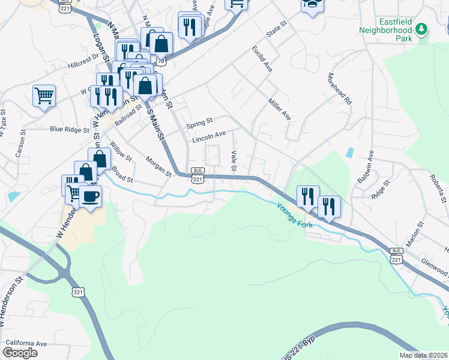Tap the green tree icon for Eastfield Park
422,29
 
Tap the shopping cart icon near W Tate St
44,95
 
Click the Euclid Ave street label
262,58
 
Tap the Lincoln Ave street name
209,137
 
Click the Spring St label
199,124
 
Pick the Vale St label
235,159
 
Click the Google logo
19,353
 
